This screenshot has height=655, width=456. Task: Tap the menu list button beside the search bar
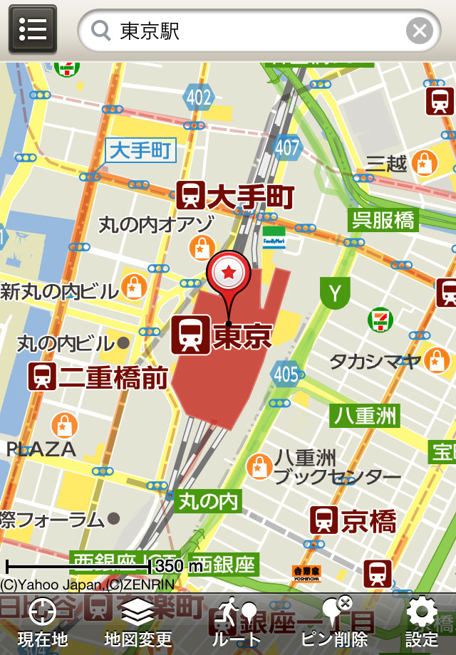point(33,30)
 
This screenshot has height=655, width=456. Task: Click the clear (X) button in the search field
point(420,31)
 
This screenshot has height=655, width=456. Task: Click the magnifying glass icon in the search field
point(102,31)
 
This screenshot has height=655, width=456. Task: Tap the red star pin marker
point(229,272)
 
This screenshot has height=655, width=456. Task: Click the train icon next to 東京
point(191,335)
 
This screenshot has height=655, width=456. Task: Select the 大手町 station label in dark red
point(235,194)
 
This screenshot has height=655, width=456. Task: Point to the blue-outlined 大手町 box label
point(140,151)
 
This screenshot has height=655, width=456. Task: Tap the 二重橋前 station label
point(99,376)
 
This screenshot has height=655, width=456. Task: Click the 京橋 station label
point(353,521)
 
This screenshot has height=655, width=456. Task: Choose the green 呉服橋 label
point(383,220)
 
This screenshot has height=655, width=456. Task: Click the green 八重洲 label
point(366,414)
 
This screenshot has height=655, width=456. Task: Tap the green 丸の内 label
point(208,501)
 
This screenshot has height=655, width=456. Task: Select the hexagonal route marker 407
point(288,147)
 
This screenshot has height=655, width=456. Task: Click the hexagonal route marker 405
point(286,373)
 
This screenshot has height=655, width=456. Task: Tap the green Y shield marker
point(335,292)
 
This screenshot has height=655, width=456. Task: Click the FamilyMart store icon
point(274,237)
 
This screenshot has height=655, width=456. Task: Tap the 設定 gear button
point(421,623)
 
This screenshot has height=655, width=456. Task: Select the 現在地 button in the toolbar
point(43,623)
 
